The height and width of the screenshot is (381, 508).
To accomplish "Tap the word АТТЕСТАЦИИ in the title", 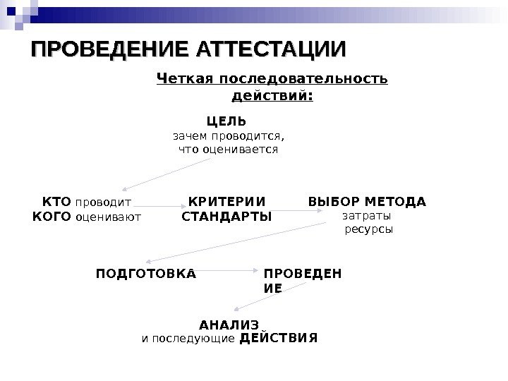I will (x=272, y=51).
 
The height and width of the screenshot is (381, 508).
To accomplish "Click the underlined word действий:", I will (x=272, y=93).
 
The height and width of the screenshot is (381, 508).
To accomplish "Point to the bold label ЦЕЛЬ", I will (x=226, y=121).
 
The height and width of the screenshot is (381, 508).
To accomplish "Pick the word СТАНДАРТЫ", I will (x=226, y=216).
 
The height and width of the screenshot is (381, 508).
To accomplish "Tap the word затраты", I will (x=366, y=215).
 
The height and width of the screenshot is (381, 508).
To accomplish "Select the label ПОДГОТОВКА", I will (x=146, y=271).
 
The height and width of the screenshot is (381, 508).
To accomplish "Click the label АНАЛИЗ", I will (x=229, y=325).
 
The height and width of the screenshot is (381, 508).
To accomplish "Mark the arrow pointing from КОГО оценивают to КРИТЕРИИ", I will (x=162, y=206).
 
